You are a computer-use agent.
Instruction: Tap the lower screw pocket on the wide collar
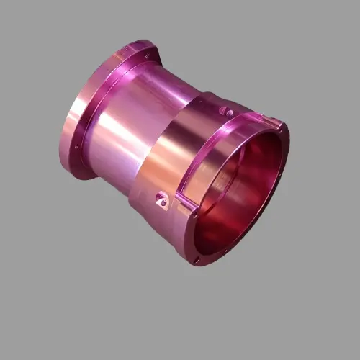163,200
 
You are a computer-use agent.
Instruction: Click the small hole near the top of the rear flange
147,53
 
